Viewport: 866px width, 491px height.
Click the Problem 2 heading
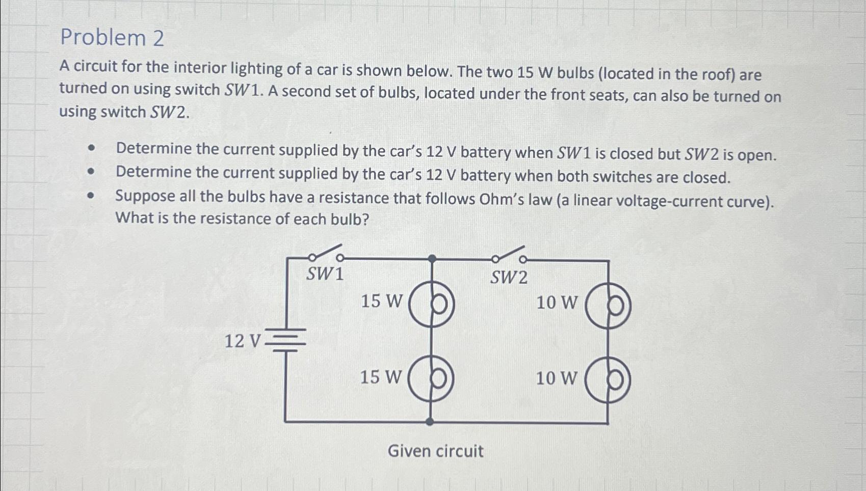click(x=112, y=38)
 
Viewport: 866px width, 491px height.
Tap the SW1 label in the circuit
click(x=325, y=274)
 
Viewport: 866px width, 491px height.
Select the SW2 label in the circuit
click(x=509, y=278)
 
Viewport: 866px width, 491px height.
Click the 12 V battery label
click(x=243, y=341)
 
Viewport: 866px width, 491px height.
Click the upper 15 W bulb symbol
click(x=432, y=304)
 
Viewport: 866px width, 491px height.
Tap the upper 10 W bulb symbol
click(x=608, y=306)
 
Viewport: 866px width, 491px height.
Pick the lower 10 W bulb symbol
click(x=608, y=380)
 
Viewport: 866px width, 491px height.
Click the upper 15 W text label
click(x=381, y=301)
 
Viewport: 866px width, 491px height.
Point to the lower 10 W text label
click(x=557, y=378)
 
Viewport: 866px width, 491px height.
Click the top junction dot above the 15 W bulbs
click(x=432, y=259)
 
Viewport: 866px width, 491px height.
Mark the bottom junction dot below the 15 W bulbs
click(x=430, y=422)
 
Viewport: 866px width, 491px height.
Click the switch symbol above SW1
click(x=326, y=253)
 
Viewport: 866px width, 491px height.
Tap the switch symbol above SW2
click(x=509, y=255)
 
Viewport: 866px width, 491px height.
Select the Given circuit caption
click(x=435, y=451)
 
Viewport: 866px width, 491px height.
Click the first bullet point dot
click(x=91, y=148)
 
